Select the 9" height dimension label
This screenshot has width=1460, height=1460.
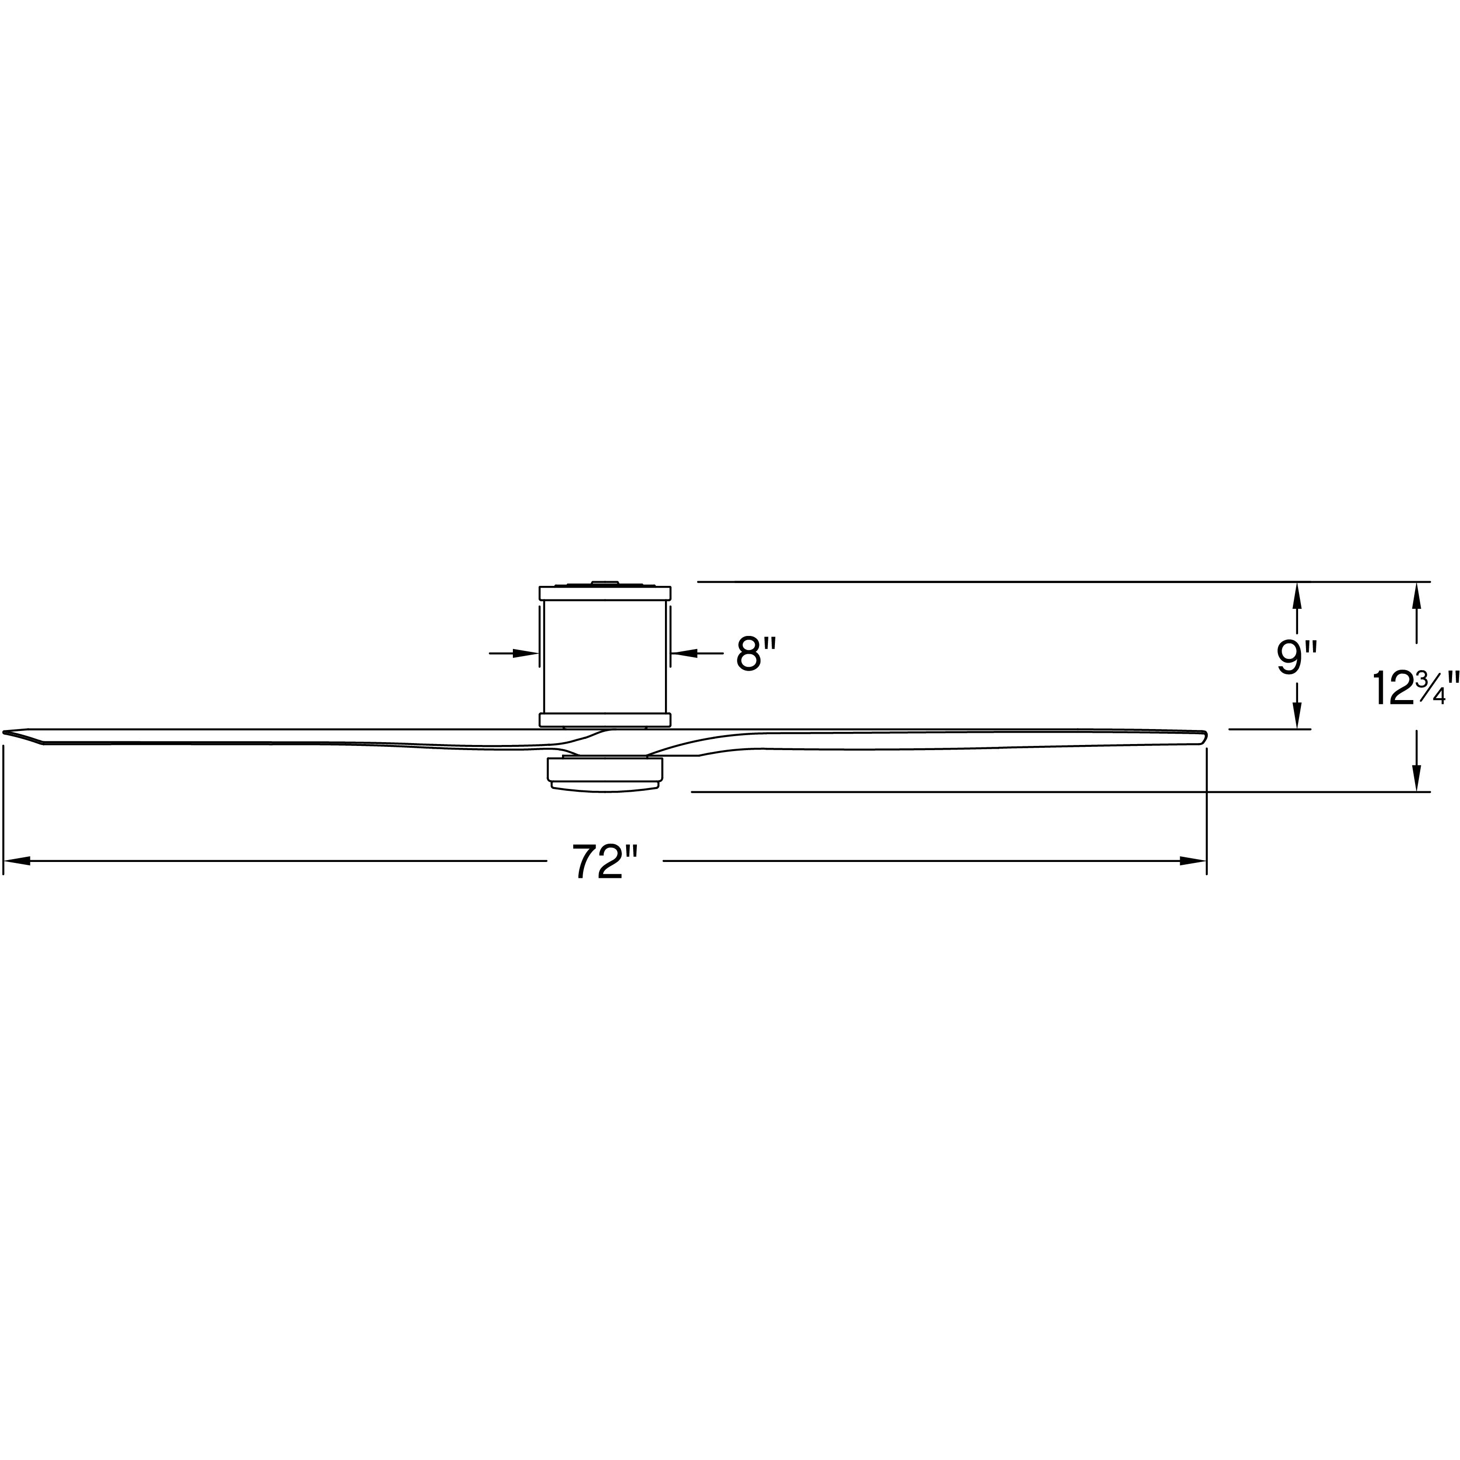click(x=1297, y=658)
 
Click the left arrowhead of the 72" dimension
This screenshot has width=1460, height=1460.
click(x=17, y=861)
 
